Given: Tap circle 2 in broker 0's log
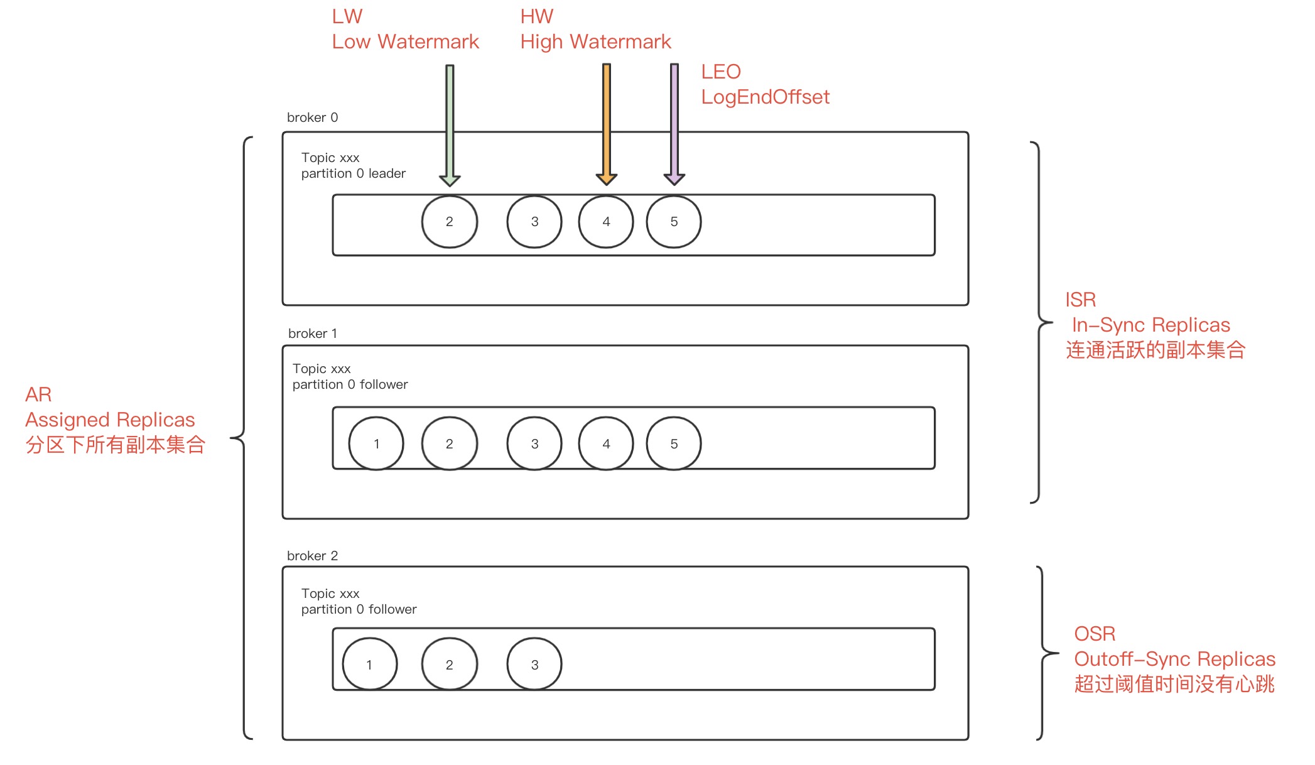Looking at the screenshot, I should click(x=450, y=222).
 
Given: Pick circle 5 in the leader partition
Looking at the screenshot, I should click(x=674, y=222).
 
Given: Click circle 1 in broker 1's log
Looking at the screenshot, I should click(x=376, y=443).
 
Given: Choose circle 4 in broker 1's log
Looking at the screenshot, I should click(x=606, y=443).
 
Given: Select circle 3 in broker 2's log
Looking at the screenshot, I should click(x=534, y=665).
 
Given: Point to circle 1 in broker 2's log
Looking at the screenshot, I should click(x=369, y=665).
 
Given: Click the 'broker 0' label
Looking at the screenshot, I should click(x=312, y=117).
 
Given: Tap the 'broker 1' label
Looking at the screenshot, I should click(x=312, y=334).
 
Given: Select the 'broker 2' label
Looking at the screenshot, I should click(x=312, y=556).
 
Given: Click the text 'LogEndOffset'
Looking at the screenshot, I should click(x=765, y=97).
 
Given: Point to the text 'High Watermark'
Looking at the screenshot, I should click(x=595, y=41).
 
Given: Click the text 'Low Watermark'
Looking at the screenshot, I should click(x=405, y=41).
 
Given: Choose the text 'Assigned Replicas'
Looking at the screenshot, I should click(x=110, y=420).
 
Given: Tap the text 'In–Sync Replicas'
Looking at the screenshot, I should click(x=1150, y=325).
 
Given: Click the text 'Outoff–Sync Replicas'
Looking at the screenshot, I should click(x=1174, y=659).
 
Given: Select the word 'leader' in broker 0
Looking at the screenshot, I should click(x=387, y=173).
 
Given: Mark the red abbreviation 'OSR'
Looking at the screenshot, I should click(x=1095, y=634).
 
